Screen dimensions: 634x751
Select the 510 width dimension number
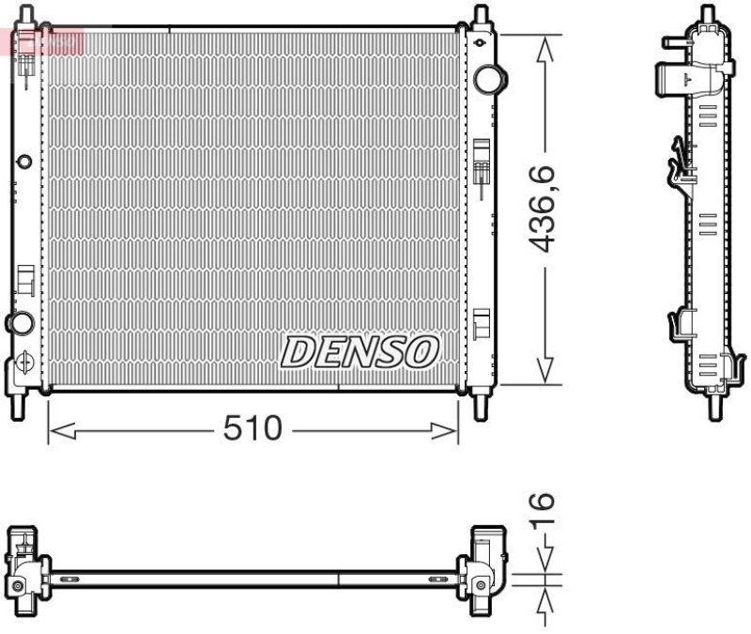tap(253, 429)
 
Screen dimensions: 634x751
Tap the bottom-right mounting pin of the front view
tap(482, 407)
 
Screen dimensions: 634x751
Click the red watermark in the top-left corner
tap(42, 39)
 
